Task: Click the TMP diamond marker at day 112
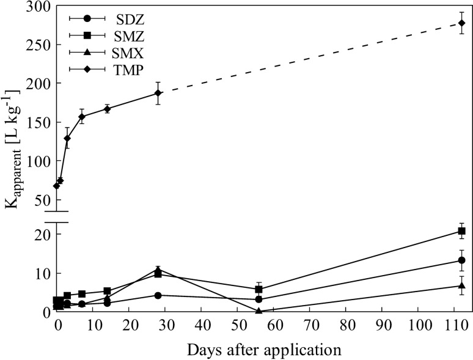461,23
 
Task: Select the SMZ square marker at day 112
461,231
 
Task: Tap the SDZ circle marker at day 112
461,260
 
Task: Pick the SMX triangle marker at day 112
461,285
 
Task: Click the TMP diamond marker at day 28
158,93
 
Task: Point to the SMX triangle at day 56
259,310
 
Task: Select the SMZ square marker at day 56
259,289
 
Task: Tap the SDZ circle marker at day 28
158,295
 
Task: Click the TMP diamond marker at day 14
107,109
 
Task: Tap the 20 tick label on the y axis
42,234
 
